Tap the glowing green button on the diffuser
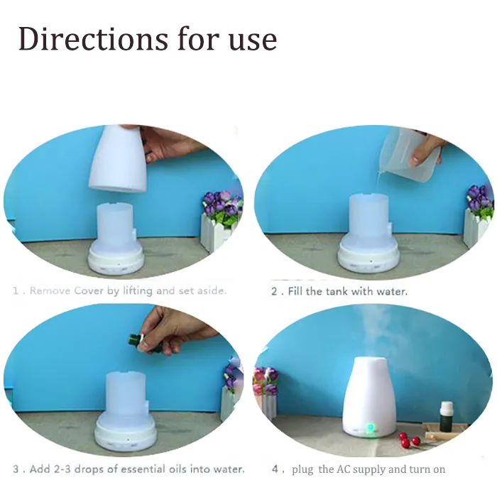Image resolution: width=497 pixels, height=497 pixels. click(370, 427)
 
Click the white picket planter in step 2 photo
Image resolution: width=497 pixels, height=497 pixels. click(475, 227)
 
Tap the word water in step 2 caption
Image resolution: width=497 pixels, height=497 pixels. click(392, 291)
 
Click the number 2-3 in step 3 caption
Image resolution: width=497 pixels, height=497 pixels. click(67, 469)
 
